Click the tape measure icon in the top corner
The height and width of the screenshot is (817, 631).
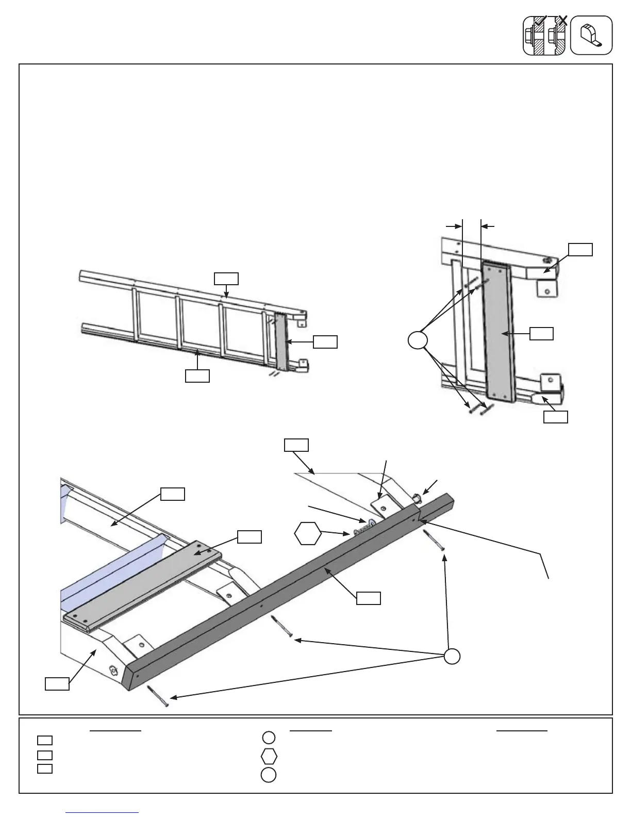(x=592, y=35)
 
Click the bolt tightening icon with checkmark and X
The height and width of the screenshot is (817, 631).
(x=545, y=35)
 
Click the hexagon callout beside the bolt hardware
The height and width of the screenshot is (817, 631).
(x=308, y=534)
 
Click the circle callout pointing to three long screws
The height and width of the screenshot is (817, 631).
(x=452, y=656)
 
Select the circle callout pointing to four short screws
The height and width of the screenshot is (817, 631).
(x=418, y=341)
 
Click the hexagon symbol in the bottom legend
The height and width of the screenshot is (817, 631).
(x=269, y=756)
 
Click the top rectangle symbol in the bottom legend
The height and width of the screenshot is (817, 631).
(x=45, y=741)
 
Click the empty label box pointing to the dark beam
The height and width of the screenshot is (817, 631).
(x=369, y=598)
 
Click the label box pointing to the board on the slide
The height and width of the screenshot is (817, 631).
(x=249, y=536)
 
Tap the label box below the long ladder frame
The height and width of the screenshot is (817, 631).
(x=197, y=375)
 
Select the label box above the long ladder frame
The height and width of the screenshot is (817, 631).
(x=226, y=279)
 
